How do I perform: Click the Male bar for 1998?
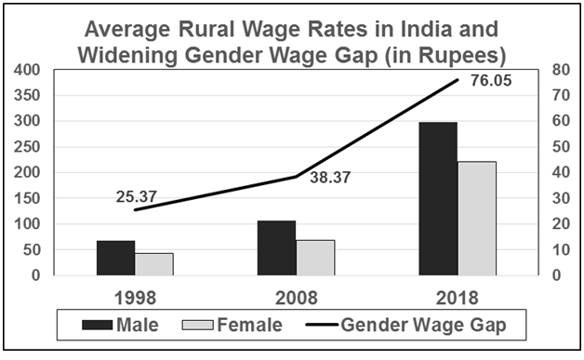[115, 258]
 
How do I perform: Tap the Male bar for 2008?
[276, 247]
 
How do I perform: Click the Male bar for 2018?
[437, 198]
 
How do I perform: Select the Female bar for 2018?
[476, 218]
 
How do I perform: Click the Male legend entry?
[121, 327]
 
